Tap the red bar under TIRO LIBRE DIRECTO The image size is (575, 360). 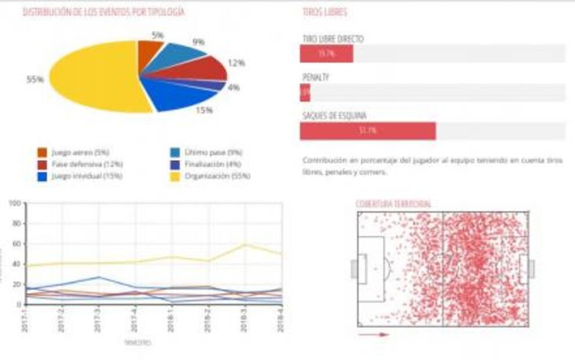(x=327, y=53)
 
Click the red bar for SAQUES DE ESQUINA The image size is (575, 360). (x=367, y=131)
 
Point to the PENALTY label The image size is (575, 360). (x=316, y=77)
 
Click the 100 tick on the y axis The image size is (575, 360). (x=15, y=203)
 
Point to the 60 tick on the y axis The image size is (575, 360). (x=16, y=244)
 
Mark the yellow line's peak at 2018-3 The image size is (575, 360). (x=245, y=244)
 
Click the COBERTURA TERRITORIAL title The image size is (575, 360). (x=393, y=204)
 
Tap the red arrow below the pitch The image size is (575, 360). (x=373, y=334)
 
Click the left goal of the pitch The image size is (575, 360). (x=355, y=269)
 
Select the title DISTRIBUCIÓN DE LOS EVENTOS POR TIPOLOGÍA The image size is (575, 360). (x=104, y=12)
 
